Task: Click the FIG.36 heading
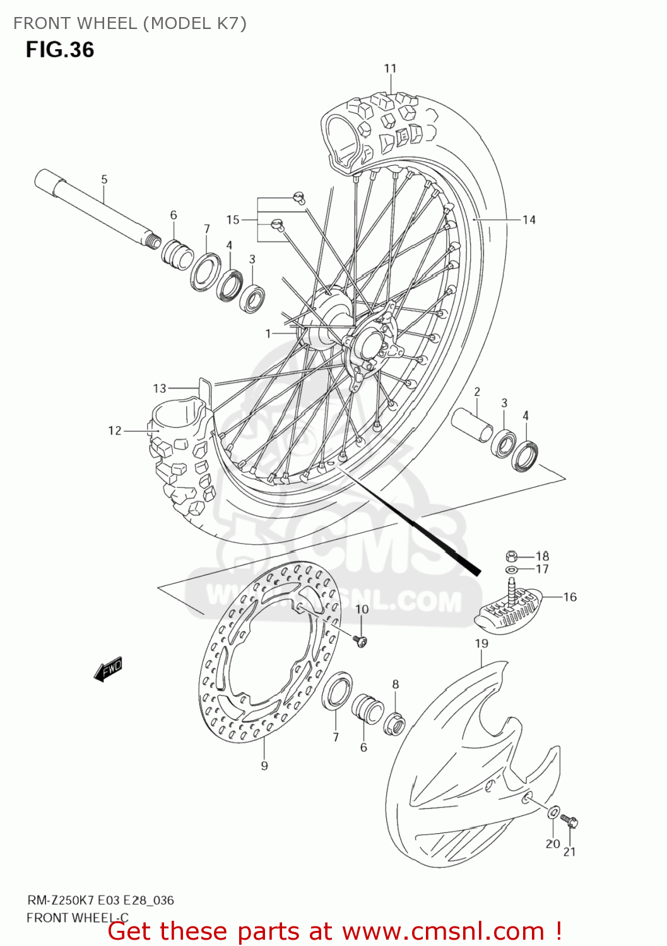pos(60,50)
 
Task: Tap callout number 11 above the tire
pos(390,68)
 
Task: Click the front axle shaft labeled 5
pos(95,208)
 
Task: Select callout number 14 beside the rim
pos(529,219)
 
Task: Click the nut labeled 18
pos(512,556)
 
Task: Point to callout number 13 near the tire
pos(160,388)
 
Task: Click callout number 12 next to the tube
pos(114,431)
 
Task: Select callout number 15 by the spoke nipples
pos(233,219)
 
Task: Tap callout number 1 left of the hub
pos(268,333)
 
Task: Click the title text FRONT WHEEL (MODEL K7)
pos(129,23)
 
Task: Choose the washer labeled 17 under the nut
pos(511,569)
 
